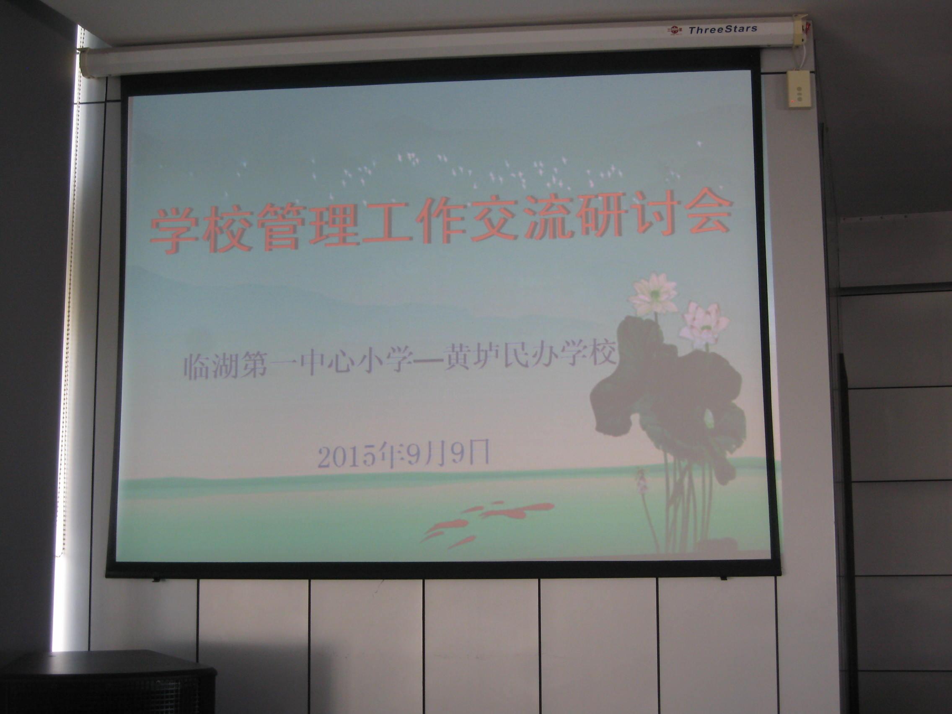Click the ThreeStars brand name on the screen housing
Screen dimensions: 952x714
point(723,29)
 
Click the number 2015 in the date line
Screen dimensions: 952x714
point(344,458)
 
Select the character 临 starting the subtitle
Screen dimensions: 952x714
point(197,367)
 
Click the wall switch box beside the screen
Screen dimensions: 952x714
point(799,90)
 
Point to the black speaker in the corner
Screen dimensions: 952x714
point(108,682)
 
